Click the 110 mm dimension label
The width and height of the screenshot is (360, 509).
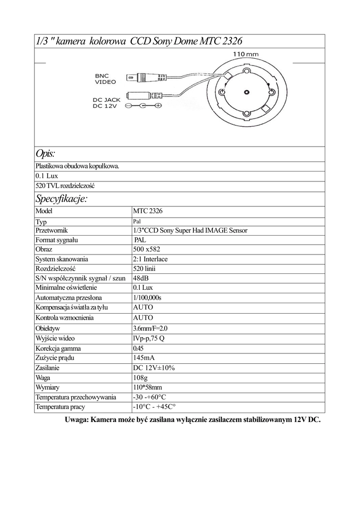[x=246, y=54]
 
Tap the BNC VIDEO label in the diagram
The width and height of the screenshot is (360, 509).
[x=105, y=79]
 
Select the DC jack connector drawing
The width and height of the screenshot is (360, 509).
[x=144, y=95]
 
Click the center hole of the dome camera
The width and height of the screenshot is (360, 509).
[x=247, y=92]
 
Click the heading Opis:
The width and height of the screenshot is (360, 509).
[x=45, y=153]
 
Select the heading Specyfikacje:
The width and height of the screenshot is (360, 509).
[x=61, y=199]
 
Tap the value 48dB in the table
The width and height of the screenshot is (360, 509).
[x=140, y=278]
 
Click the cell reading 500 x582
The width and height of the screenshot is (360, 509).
[x=147, y=249]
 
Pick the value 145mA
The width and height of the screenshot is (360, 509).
[x=145, y=358]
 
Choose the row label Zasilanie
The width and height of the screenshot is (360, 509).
[x=48, y=368]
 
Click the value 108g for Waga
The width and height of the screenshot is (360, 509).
[x=141, y=377]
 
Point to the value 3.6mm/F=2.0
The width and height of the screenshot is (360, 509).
[x=150, y=329]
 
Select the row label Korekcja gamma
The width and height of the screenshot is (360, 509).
[x=58, y=348]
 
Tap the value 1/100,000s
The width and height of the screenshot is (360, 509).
[x=147, y=297]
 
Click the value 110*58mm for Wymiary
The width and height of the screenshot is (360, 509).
[x=147, y=387]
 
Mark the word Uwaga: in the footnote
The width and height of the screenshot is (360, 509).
[x=77, y=420]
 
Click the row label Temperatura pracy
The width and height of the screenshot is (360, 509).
[x=60, y=407]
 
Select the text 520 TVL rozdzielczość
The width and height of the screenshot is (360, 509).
[x=65, y=185]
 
